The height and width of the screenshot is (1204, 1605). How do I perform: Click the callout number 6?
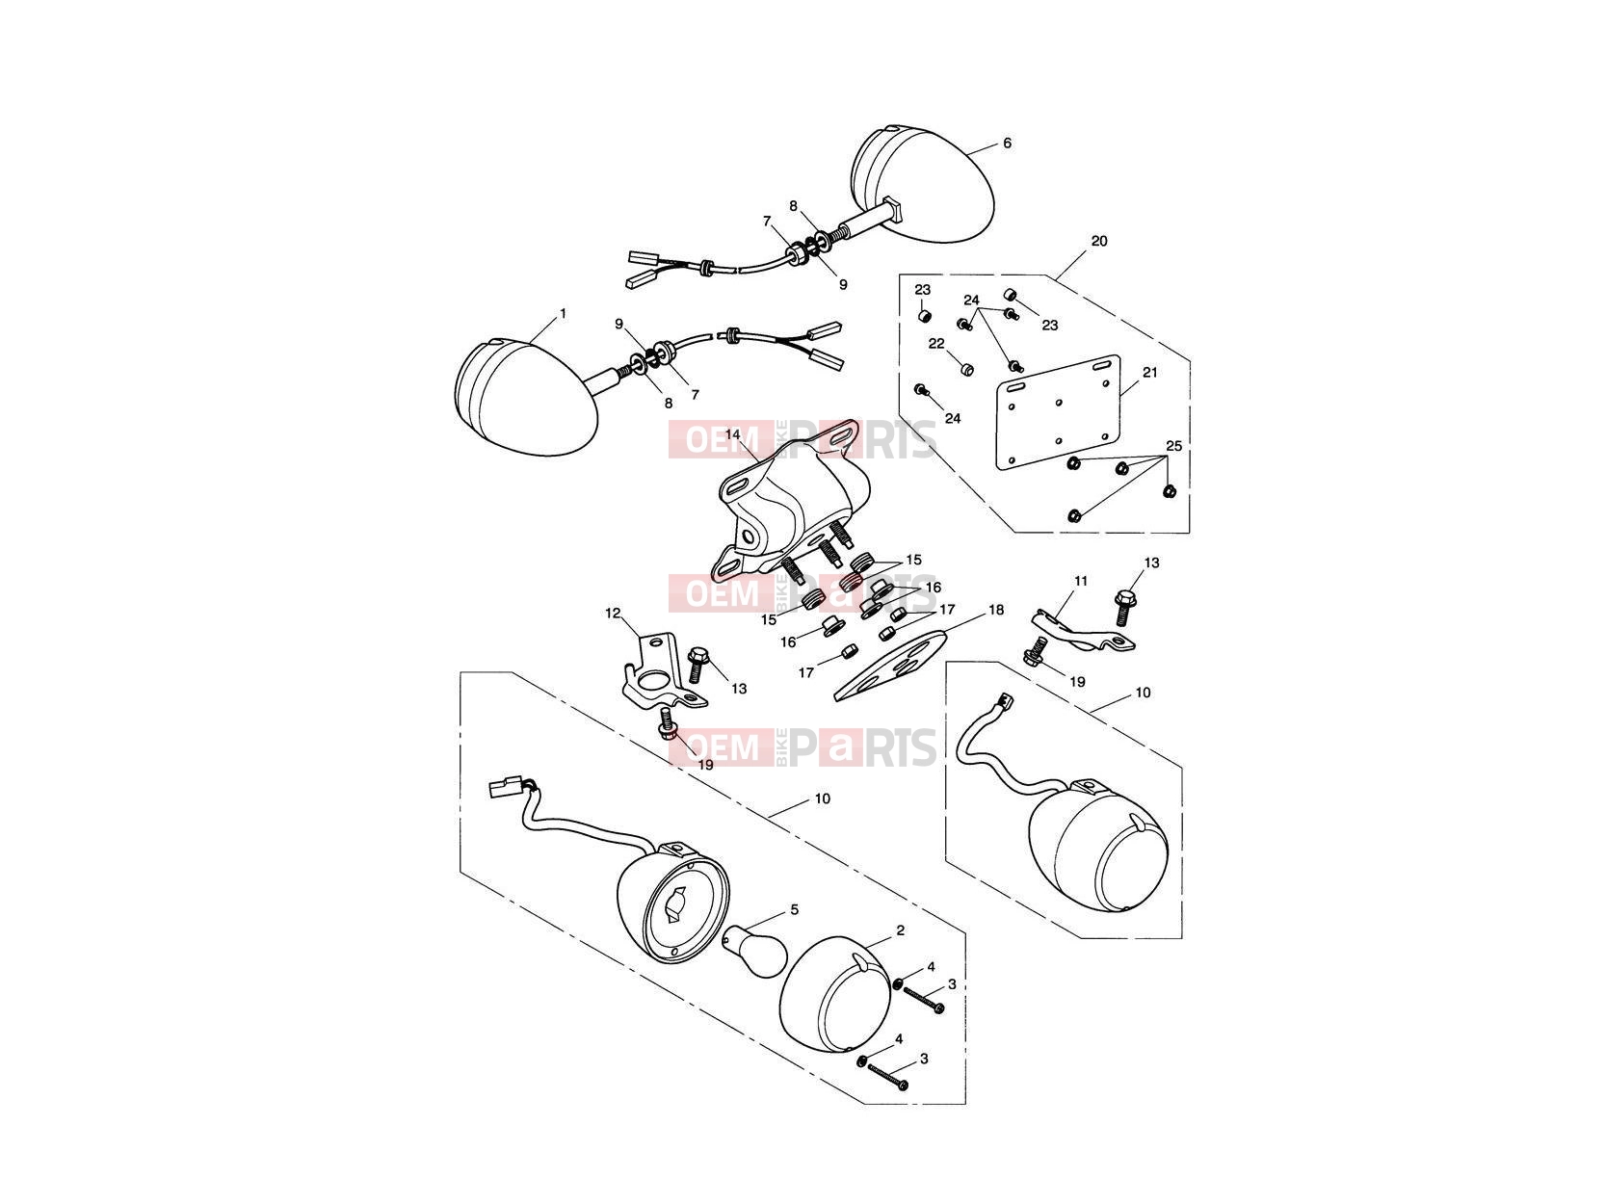[x=1007, y=144]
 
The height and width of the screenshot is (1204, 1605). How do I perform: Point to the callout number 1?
[x=563, y=314]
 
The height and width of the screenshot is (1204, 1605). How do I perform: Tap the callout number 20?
[x=1099, y=241]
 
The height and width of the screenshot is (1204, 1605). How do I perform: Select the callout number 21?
[x=1150, y=372]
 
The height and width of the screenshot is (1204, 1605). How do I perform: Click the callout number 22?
[x=936, y=344]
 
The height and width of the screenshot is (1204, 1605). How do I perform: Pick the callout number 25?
[x=1173, y=446]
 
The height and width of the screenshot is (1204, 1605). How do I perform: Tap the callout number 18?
[x=996, y=610]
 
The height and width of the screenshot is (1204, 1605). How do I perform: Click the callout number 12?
[x=613, y=613]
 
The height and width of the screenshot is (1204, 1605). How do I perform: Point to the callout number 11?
[x=1081, y=581]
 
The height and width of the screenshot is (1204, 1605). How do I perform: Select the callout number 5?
[x=795, y=910]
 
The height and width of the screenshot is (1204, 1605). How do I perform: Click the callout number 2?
[x=900, y=930]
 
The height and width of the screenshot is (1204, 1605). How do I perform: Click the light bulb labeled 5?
[x=753, y=951]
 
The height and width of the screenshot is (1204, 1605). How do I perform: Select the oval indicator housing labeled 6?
[x=923, y=189]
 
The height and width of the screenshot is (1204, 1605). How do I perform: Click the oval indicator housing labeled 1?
[x=526, y=395]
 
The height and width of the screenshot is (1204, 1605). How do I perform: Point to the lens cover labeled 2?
[x=836, y=994]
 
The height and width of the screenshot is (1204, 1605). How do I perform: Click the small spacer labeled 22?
[x=966, y=369]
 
